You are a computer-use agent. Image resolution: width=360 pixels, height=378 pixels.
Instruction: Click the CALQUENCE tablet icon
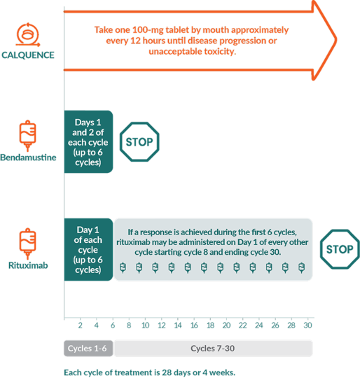[x=28, y=34]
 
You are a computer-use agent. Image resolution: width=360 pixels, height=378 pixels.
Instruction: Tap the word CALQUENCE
[x=28, y=55]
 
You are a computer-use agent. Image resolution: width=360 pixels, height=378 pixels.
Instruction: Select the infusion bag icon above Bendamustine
[x=28, y=136]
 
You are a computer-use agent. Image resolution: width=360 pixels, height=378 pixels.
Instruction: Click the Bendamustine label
[x=28, y=157]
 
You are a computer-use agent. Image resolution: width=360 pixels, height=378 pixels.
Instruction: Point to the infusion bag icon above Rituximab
[x=28, y=244]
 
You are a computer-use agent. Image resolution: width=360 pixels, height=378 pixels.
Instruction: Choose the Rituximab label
[x=28, y=265]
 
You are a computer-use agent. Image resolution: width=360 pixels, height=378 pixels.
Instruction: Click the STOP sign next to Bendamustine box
[x=139, y=141]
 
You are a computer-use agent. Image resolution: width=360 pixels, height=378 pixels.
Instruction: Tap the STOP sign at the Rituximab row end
[x=340, y=249]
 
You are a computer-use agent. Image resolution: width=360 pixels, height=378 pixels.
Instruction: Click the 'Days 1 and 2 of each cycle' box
[x=88, y=141]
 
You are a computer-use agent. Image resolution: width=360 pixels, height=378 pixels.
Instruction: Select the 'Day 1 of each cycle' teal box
[x=88, y=249]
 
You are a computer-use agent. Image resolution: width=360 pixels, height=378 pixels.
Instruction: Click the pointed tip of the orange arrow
[x=336, y=40]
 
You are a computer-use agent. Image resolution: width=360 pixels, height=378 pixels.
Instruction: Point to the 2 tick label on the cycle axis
[x=81, y=325]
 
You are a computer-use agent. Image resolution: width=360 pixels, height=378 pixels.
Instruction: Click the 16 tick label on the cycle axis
[x=194, y=325]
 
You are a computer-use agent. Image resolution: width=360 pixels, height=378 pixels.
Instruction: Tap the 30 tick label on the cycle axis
[x=307, y=325]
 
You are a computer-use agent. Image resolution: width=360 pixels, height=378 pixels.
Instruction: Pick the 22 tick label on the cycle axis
[x=242, y=325]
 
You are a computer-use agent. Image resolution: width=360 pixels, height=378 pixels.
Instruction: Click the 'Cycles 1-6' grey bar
[x=88, y=349]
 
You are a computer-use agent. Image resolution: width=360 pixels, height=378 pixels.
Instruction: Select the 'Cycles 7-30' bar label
[x=213, y=349]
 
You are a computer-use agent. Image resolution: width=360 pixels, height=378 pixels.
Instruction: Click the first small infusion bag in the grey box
[x=123, y=267]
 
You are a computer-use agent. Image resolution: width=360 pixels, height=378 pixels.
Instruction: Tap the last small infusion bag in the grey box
[x=301, y=267]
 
